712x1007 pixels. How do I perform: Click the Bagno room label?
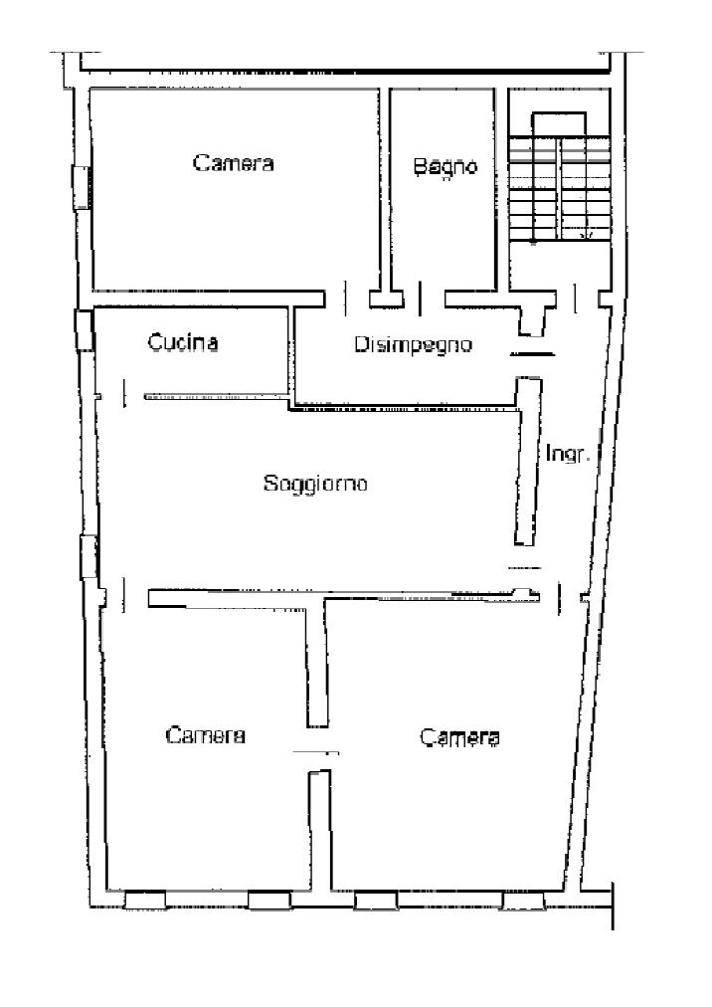click(445, 167)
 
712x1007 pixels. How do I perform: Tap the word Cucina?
click(183, 341)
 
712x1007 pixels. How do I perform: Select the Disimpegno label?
click(414, 345)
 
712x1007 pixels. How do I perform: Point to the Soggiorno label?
click(315, 483)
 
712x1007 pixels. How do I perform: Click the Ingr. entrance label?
click(568, 454)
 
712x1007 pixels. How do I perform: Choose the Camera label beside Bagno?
click(234, 162)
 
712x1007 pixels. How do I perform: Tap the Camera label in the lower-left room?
click(206, 734)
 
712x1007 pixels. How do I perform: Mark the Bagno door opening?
click(421, 299)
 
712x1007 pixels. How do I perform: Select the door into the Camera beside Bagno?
click(347, 299)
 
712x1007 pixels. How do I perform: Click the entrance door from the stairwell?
click(575, 299)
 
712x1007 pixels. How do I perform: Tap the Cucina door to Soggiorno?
click(124, 393)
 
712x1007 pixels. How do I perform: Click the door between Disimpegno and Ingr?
click(532, 354)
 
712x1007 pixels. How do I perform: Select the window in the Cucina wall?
click(85, 330)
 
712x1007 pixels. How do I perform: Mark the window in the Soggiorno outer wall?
click(89, 557)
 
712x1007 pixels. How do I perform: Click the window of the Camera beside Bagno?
click(81, 187)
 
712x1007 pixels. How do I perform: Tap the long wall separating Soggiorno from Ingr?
click(527, 462)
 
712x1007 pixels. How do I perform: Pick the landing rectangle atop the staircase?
click(559, 124)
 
